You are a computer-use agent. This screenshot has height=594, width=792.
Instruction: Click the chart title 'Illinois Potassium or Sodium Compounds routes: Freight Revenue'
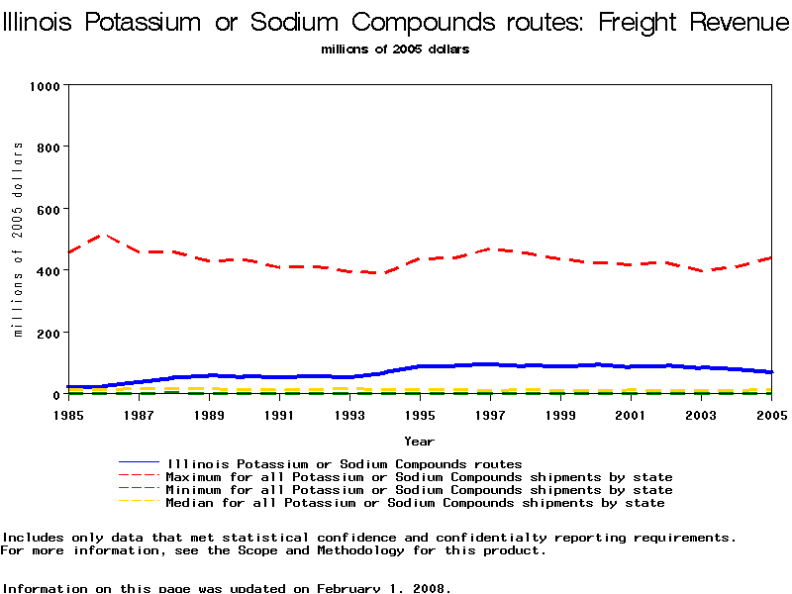(396, 21)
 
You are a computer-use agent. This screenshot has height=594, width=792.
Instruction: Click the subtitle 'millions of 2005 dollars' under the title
(395, 49)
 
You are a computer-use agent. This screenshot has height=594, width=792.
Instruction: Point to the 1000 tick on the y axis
(45, 86)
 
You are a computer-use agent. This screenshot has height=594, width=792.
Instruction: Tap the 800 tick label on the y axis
(48, 148)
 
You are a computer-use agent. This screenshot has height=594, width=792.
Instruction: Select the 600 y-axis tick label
(48, 209)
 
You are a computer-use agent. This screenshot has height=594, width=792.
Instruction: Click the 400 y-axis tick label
(48, 270)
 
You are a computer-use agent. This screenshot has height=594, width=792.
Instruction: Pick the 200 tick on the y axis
(48, 333)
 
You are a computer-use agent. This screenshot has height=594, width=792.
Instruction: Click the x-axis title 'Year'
(419, 441)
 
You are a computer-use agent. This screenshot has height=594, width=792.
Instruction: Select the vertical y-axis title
(18, 240)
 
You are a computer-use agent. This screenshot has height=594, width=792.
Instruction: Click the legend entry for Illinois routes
(344, 463)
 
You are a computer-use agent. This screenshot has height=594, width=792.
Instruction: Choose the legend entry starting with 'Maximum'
(419, 477)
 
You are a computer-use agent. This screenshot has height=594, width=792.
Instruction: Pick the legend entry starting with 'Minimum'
(419, 490)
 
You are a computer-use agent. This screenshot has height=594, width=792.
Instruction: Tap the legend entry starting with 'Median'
(415, 503)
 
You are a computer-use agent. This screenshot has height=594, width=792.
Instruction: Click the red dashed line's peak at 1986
(103, 236)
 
